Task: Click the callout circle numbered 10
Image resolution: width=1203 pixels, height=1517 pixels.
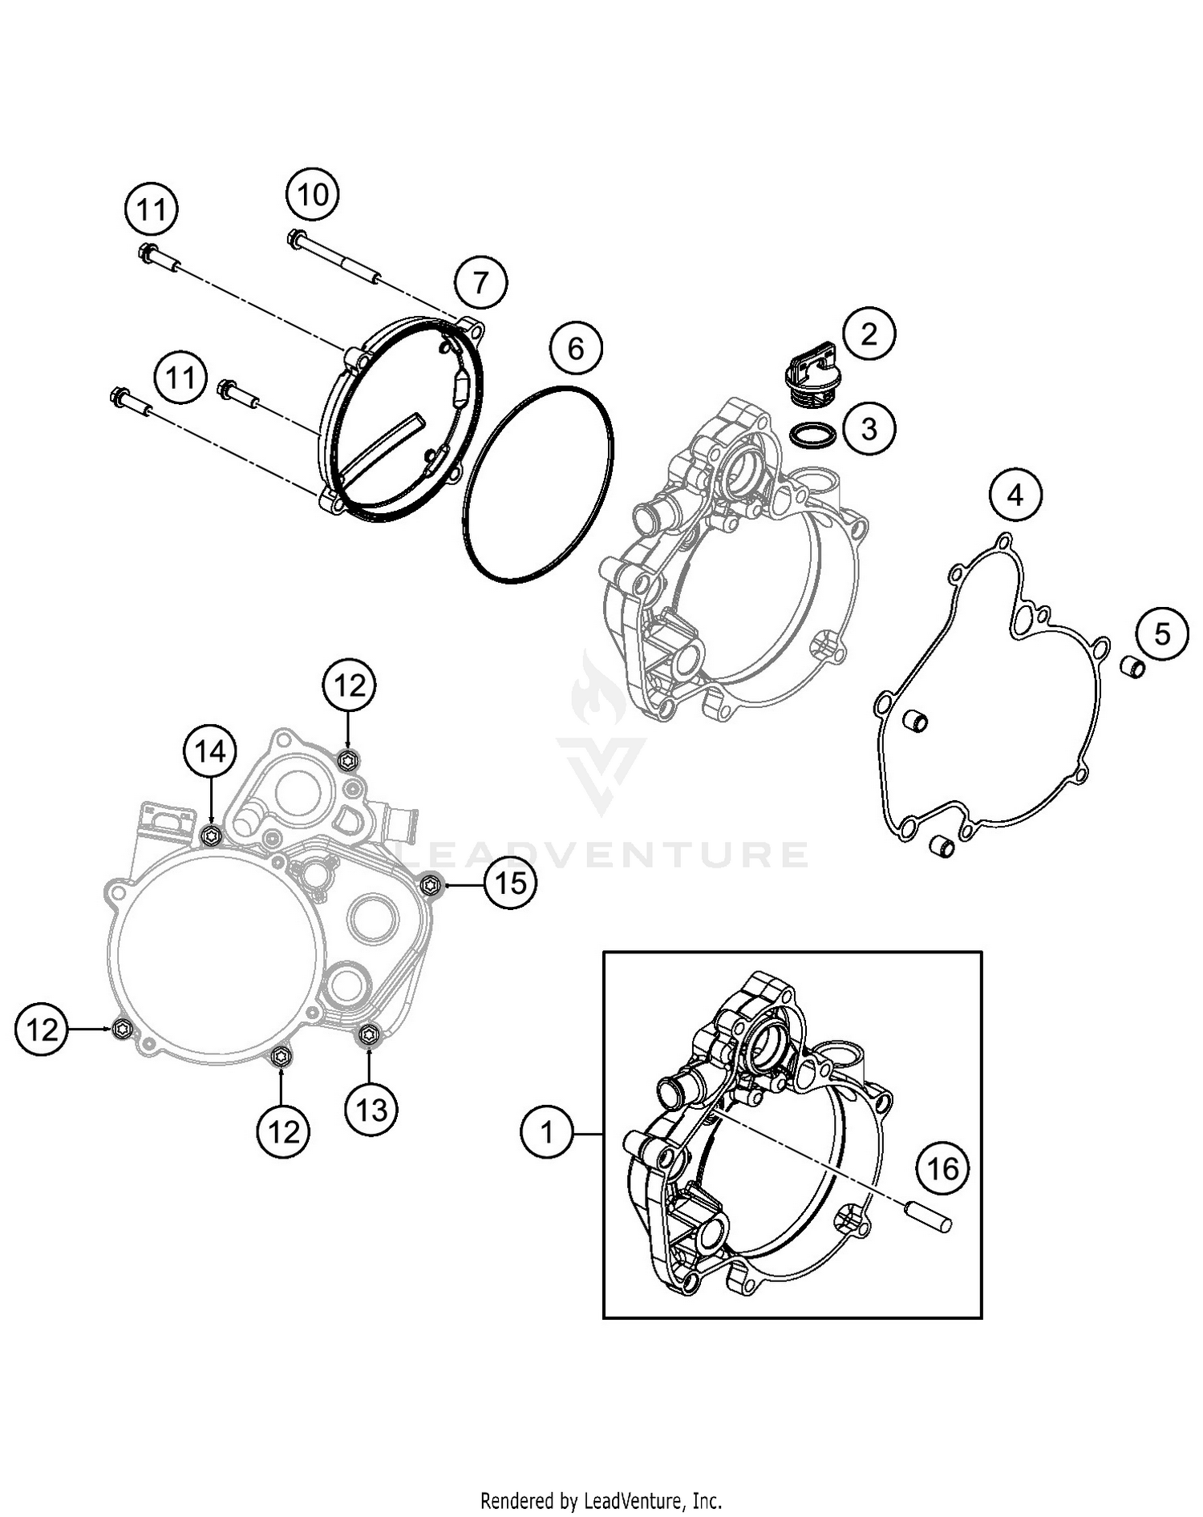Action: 313,194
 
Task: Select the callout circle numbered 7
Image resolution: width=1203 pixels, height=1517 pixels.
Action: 480,282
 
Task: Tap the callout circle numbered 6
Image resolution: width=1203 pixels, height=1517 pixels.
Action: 576,349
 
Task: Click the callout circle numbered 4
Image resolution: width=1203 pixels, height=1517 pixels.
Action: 1015,496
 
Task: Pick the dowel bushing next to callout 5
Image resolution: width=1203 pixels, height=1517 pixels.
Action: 1132,665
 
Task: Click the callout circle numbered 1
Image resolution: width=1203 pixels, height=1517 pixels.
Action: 547,1133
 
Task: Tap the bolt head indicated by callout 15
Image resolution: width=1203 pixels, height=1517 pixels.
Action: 432,884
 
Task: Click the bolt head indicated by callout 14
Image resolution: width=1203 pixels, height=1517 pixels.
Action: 211,836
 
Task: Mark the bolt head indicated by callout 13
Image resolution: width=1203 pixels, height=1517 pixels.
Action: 369,1035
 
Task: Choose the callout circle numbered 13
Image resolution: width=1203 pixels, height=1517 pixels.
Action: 371,1110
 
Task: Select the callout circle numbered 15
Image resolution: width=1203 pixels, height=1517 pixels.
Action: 511,884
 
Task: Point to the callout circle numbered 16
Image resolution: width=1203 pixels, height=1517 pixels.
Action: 943,1168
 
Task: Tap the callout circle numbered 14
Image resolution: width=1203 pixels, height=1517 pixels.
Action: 210,751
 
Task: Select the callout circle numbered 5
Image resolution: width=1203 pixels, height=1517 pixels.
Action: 1162,634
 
